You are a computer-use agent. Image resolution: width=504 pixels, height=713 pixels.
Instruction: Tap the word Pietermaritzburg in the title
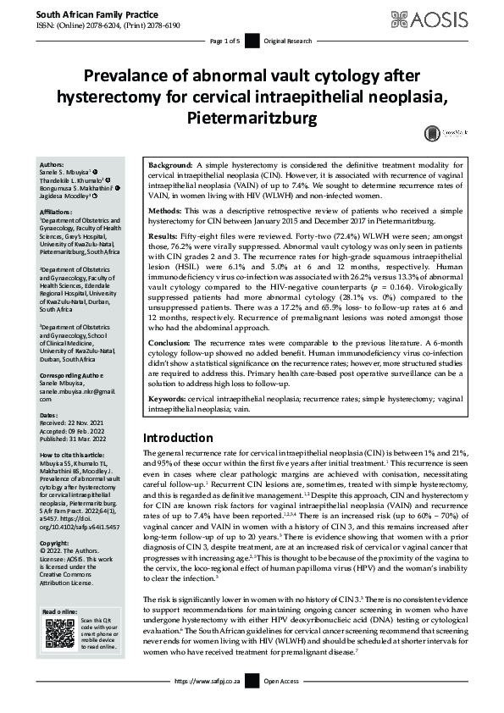click(252, 114)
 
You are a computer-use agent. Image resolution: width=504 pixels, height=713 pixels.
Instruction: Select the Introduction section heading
click(178, 438)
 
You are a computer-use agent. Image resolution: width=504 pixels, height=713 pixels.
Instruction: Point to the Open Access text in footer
click(282, 703)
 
